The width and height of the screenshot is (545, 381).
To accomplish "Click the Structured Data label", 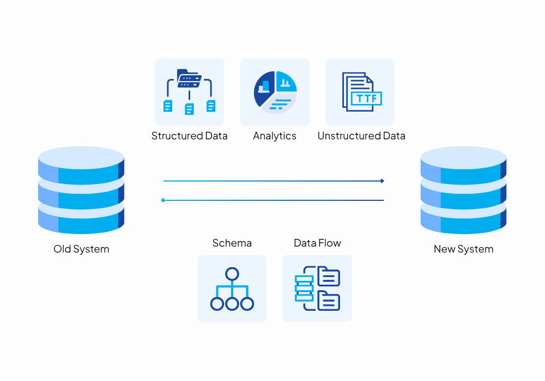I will (189, 136).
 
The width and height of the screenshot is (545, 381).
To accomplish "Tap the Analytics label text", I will (275, 136).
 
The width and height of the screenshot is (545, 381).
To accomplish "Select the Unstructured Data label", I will (361, 136).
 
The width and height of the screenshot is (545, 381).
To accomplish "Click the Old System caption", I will (81, 249).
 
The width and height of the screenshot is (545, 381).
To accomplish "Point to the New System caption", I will (463, 249).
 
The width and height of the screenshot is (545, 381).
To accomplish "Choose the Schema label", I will (232, 243).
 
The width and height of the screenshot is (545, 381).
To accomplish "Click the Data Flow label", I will (317, 243).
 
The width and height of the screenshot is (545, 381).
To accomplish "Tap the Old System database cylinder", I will (81, 190).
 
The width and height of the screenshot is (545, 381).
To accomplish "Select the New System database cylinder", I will (463, 190).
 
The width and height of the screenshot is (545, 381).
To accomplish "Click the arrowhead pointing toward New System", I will (383, 181).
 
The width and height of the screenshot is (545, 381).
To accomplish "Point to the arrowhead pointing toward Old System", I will (163, 200).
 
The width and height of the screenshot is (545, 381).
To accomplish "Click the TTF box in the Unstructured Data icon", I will (366, 98).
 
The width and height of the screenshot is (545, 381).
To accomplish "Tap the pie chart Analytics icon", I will (275, 92).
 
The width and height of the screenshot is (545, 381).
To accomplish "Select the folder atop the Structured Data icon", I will (189, 78).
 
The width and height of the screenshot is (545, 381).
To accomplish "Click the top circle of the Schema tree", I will (232, 273).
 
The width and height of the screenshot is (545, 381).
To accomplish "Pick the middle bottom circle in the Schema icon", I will (232, 304).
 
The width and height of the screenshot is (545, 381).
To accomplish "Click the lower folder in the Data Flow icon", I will (329, 300).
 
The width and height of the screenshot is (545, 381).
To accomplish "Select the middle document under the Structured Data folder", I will (189, 109).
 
